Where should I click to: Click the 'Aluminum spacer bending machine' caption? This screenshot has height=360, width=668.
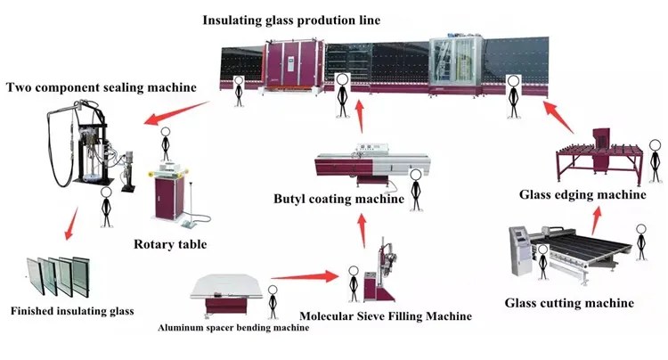[x=234, y=328]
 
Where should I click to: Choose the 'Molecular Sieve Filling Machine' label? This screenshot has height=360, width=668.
[x=386, y=315]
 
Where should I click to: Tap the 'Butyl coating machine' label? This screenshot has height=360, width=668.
[x=338, y=198]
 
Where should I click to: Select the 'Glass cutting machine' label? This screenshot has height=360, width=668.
[x=569, y=303]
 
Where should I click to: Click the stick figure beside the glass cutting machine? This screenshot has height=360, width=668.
[x=639, y=240]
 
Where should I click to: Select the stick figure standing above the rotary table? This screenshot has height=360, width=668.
[x=164, y=142]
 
